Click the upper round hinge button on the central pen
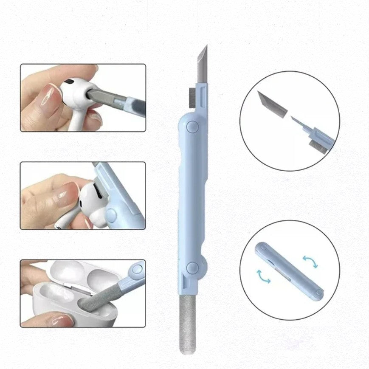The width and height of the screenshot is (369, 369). pos(193,127)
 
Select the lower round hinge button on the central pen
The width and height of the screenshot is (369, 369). pos(192,267)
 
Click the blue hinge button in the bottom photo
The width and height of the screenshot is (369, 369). pos(137,269)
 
